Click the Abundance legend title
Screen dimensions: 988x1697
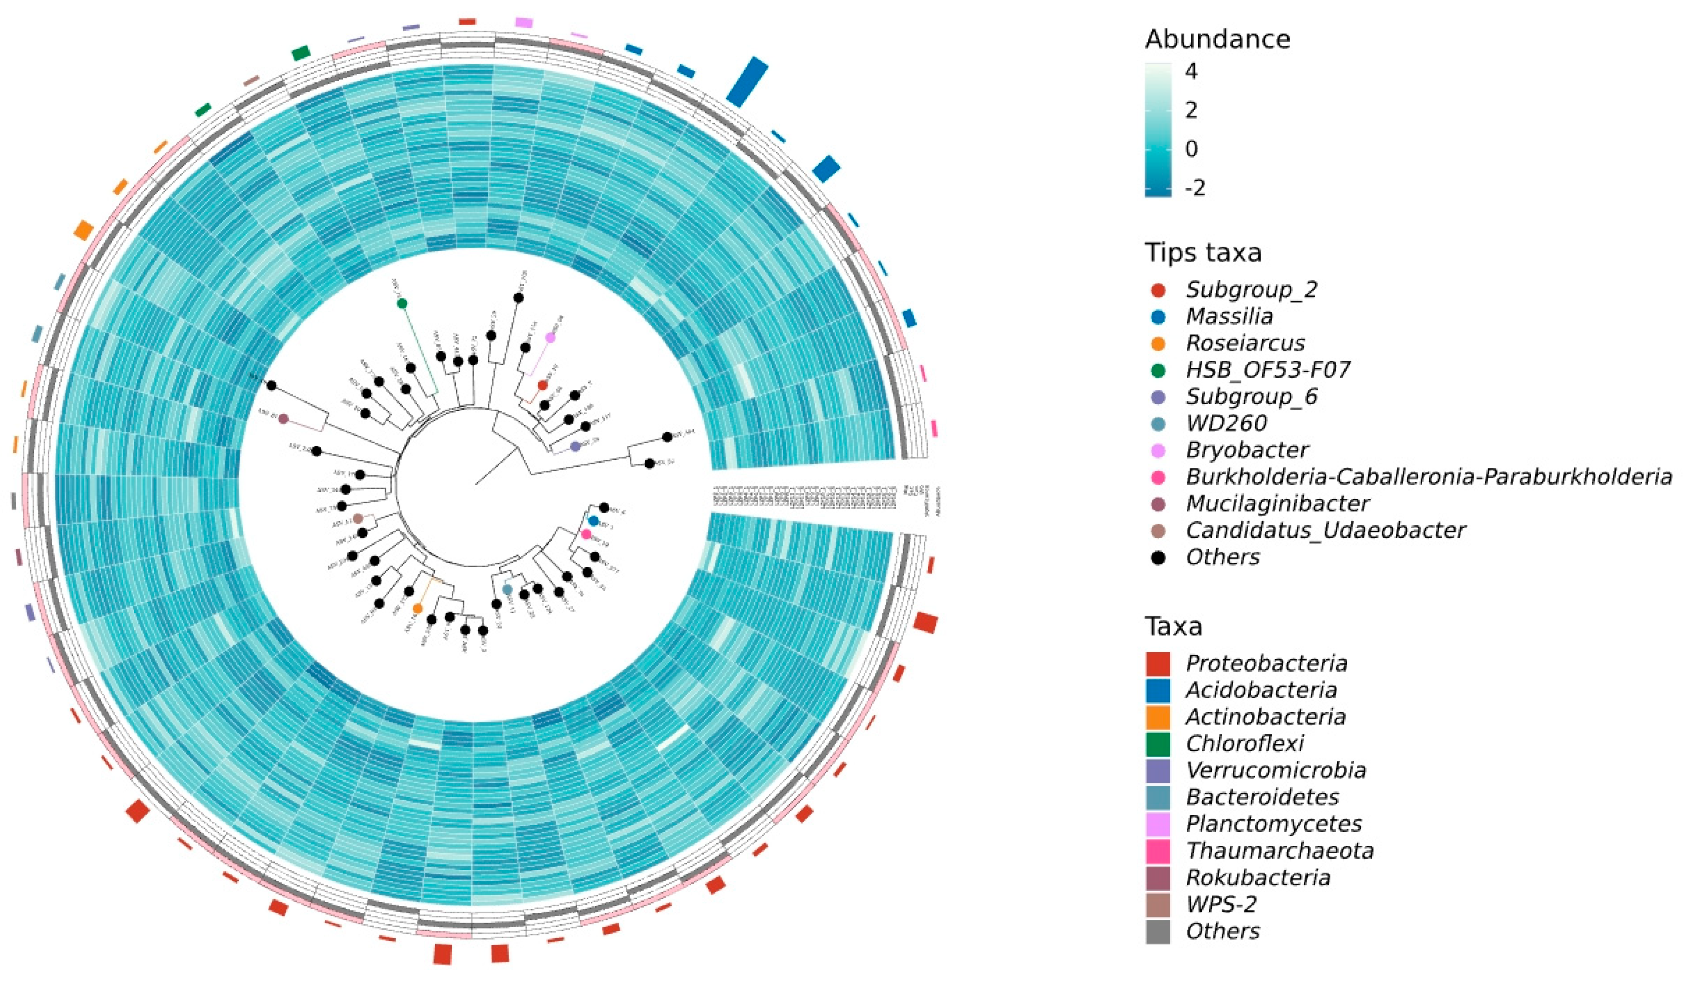1218,39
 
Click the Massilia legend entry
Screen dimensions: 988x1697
1230,316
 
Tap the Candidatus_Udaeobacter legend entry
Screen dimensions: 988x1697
1325,530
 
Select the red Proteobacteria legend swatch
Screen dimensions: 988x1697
1157,663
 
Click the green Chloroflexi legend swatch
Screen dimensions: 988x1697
1157,743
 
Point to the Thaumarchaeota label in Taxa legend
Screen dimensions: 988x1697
1280,850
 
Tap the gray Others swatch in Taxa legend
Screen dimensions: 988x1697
1157,931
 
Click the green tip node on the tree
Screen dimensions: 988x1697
402,303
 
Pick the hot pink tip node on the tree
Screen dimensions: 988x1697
586,534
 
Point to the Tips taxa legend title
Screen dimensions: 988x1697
1203,253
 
